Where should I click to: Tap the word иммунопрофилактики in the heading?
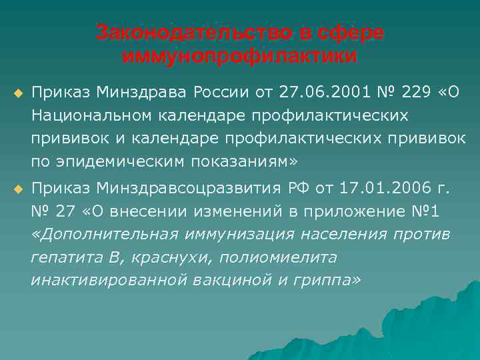(239, 56)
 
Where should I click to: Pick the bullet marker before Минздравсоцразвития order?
(18, 190)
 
